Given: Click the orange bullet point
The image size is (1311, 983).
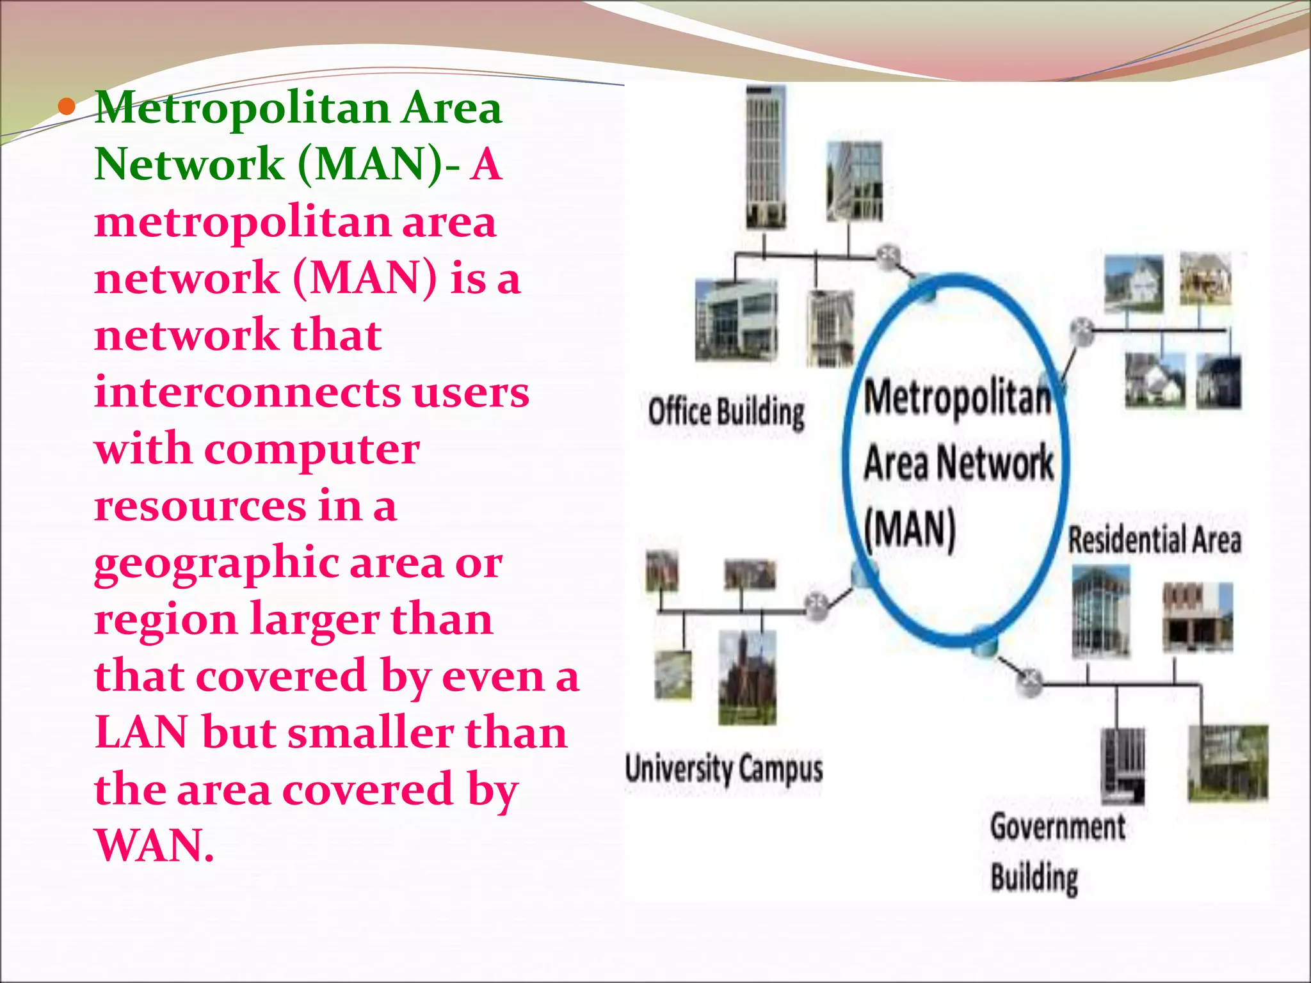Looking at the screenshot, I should (67, 108).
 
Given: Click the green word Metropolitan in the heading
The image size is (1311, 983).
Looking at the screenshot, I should (242, 109).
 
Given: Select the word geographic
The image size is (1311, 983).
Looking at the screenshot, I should (216, 563).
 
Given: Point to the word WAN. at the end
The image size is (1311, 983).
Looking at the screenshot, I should (154, 846).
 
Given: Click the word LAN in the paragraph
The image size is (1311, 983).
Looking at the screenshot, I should (141, 733).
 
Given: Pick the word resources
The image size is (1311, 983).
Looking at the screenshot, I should (200, 506).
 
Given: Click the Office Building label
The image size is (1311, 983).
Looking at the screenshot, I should (726, 412).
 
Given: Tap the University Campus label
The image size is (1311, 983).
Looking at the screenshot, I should (724, 769).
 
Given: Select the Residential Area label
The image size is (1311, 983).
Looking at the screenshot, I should (1154, 539).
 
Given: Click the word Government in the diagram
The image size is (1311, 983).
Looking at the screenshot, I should (1058, 827).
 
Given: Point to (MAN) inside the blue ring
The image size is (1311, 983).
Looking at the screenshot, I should (910, 530).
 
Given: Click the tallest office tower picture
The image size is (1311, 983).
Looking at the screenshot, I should (766, 157).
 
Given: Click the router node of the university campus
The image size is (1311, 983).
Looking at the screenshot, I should (817, 603).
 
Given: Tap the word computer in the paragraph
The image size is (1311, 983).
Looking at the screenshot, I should (312, 450).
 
